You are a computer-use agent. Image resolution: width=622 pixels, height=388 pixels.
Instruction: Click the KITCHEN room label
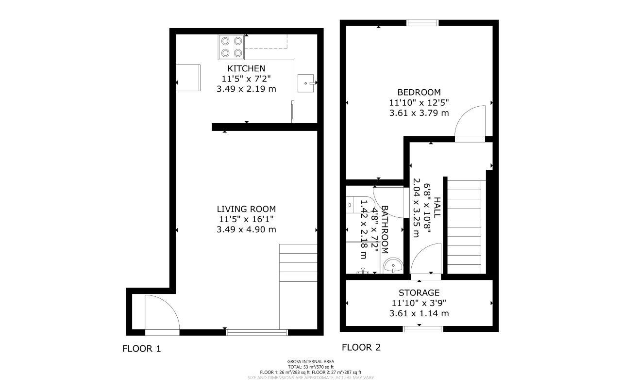tap(246, 68)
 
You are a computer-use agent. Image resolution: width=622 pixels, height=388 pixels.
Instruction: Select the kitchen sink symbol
tap(306, 83)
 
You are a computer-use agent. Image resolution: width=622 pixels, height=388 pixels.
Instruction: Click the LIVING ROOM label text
tap(246, 209)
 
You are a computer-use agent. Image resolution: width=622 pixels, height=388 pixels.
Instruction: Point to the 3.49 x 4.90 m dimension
tap(246, 229)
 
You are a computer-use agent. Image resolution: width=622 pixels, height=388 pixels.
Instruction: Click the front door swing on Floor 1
tap(162, 313)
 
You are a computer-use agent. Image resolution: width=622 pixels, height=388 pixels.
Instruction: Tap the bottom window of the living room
tap(257, 332)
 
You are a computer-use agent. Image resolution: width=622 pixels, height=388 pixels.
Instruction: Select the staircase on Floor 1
tap(298, 286)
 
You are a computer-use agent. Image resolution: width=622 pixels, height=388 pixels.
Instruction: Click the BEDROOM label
tap(419, 92)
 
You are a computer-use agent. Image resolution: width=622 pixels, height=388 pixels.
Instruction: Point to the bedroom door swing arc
tap(471, 121)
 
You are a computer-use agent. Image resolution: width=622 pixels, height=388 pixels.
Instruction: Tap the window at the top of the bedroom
tap(422, 22)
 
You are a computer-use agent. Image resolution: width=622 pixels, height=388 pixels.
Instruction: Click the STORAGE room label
tap(419, 292)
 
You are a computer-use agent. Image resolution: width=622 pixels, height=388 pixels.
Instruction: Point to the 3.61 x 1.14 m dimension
tap(419, 313)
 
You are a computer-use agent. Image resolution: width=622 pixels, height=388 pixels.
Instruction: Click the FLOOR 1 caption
tap(141, 348)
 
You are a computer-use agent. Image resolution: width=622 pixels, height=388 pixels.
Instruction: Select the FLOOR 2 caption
tap(361, 347)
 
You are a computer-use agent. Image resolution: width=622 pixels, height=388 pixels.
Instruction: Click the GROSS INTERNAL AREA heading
tap(311, 361)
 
